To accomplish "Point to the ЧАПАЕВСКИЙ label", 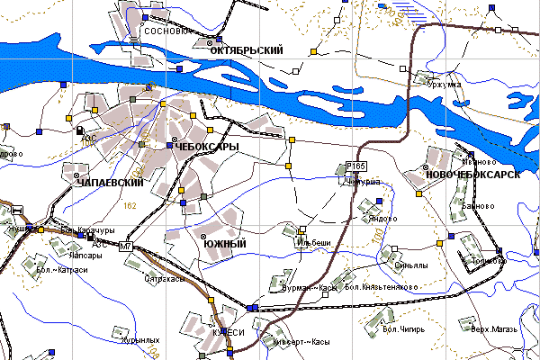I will click(112, 183).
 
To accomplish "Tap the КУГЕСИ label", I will click(229, 332).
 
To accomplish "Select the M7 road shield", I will click(125, 246).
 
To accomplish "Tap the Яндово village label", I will click(383, 218).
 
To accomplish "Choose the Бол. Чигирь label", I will click(403, 329).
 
